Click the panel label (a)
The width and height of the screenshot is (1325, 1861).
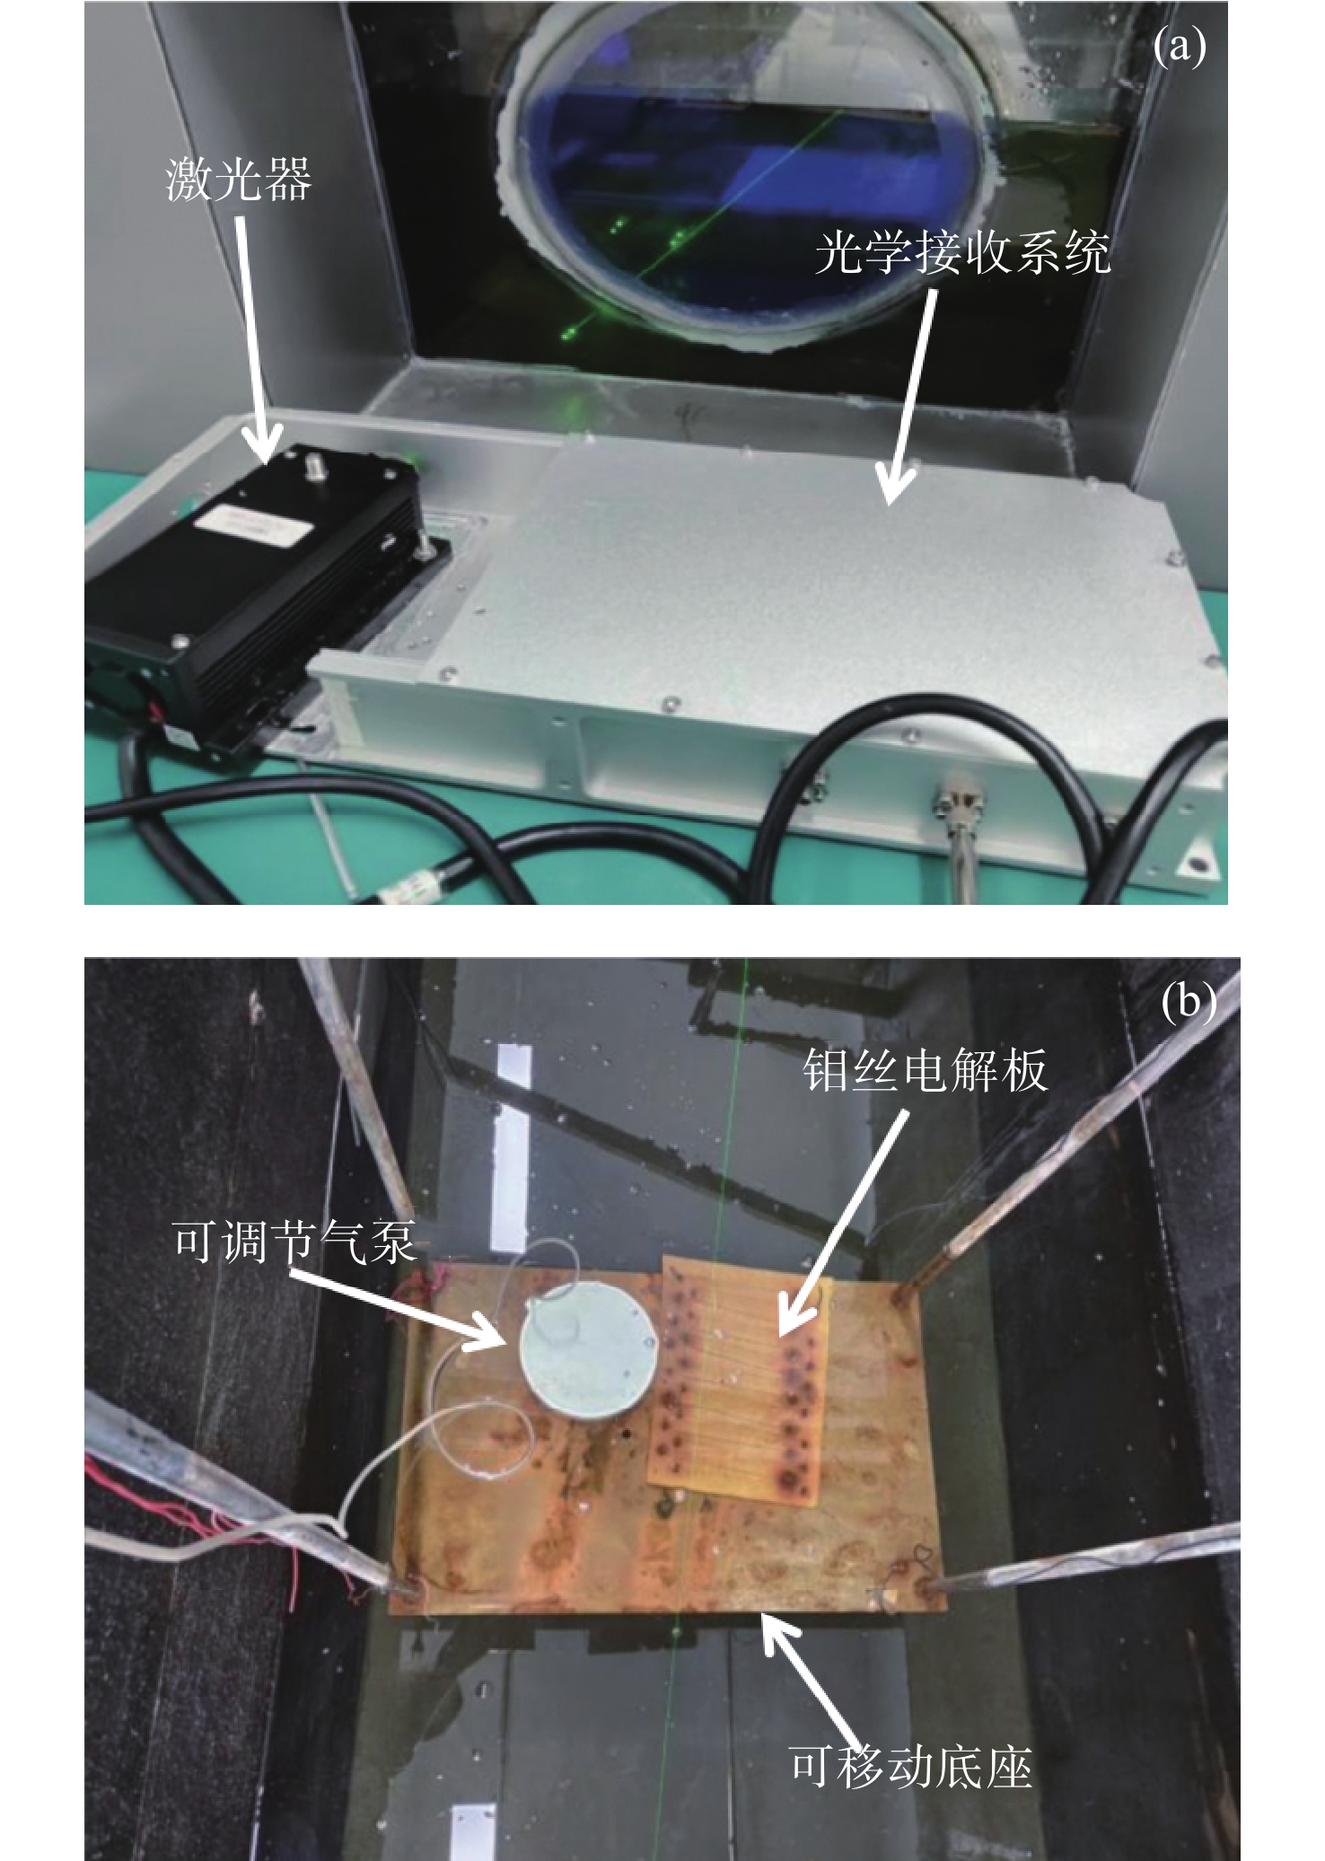click(1178, 48)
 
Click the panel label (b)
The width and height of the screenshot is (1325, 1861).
click(1189, 1001)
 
